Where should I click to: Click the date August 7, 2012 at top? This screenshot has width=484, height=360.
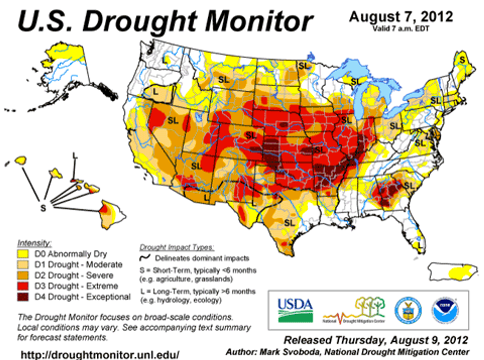pos(401,17)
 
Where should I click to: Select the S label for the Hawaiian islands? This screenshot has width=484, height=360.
pos(43,208)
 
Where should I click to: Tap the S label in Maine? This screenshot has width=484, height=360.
pos(462,59)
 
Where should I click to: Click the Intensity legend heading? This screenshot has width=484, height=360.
pos(34,242)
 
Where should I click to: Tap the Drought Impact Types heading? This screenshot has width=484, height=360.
pos(177,248)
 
